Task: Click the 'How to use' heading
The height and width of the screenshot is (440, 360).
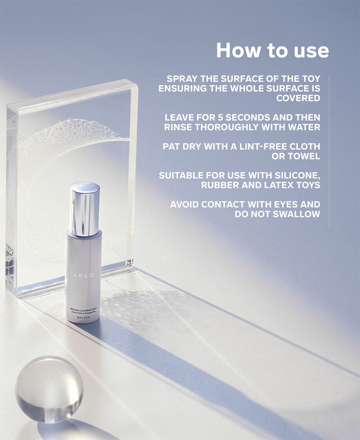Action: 272,50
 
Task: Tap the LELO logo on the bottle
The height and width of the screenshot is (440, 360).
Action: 84,275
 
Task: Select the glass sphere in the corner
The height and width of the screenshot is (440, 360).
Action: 49,389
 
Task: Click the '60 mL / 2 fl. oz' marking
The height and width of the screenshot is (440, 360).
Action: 84,317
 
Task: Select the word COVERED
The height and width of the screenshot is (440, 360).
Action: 298,98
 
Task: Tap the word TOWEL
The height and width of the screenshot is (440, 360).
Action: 304,156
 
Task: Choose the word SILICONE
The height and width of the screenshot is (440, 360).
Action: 297,175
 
